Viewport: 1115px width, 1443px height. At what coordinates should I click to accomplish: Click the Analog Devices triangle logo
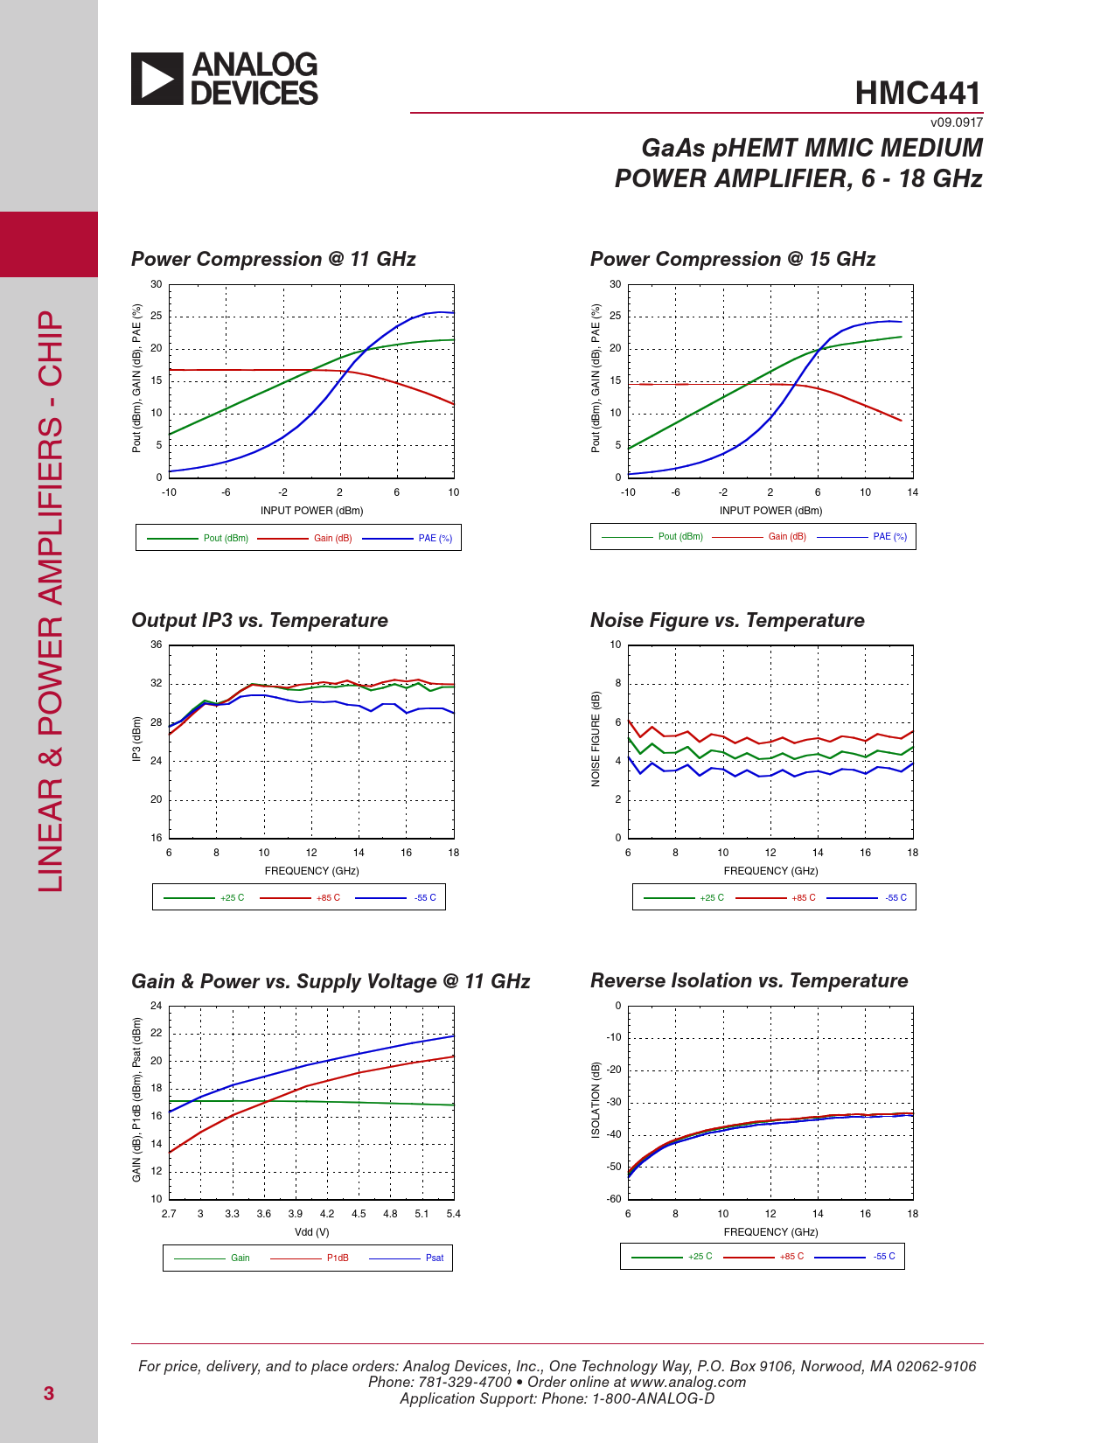(x=157, y=79)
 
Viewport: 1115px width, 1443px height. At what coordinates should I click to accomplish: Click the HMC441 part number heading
(x=917, y=93)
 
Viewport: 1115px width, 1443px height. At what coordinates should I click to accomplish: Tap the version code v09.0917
(x=956, y=122)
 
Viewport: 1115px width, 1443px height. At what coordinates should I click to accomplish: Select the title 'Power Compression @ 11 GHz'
(x=273, y=259)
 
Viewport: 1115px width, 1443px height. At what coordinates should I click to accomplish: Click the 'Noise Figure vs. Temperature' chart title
(x=727, y=620)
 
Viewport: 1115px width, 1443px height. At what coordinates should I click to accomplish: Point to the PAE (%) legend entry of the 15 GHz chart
(x=889, y=537)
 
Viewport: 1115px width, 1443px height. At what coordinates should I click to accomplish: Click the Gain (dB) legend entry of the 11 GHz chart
(x=332, y=538)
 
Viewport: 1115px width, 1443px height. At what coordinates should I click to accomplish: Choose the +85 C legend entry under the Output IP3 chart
(x=328, y=898)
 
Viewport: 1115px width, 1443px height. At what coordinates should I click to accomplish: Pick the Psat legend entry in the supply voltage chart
(x=434, y=1258)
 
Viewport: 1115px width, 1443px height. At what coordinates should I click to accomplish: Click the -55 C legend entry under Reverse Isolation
(x=884, y=1257)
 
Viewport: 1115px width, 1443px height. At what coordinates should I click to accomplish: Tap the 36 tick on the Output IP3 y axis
(x=157, y=645)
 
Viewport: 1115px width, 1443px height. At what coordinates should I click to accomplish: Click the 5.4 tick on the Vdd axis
(x=453, y=1214)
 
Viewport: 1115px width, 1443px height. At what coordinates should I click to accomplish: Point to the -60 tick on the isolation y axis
(x=615, y=1199)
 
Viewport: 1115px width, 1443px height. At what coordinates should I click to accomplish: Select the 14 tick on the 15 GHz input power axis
(x=912, y=492)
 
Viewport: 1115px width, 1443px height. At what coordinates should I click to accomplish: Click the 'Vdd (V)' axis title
(x=311, y=1232)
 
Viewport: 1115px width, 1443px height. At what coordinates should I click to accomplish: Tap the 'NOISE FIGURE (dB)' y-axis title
(x=596, y=739)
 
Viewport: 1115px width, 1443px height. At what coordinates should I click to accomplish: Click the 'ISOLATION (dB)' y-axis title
(x=596, y=1100)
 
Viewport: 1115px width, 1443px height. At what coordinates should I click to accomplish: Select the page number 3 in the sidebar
(x=49, y=1393)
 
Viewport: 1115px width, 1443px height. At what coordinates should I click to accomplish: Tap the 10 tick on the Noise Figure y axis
(x=616, y=645)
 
